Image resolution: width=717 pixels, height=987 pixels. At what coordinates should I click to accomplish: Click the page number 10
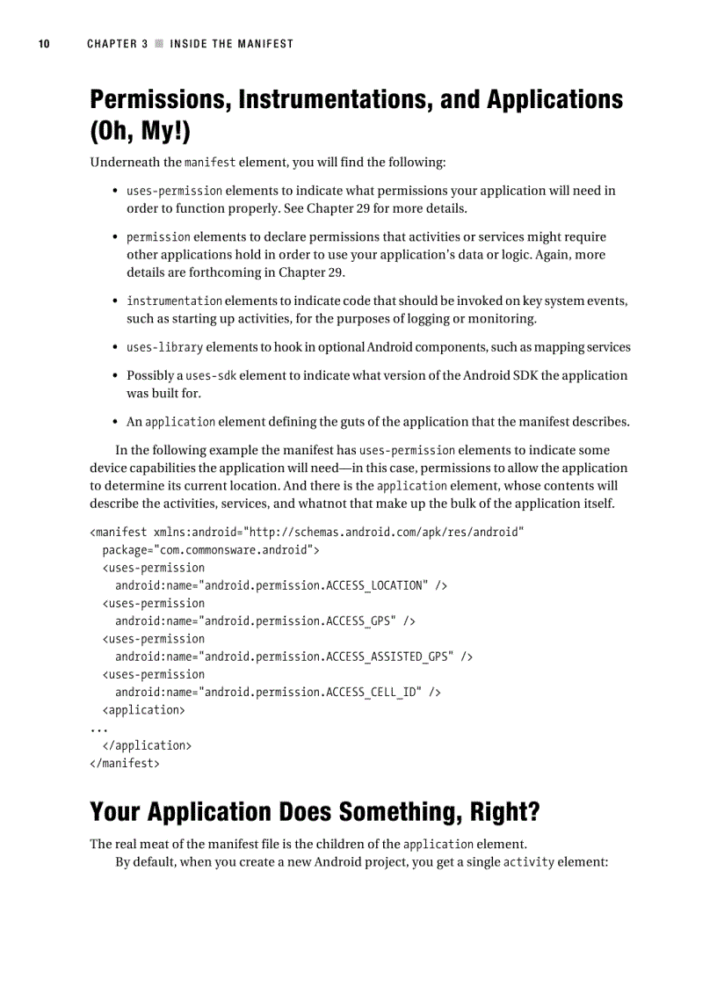click(43, 44)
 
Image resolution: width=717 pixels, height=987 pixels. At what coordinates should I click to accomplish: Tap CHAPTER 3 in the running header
click(117, 44)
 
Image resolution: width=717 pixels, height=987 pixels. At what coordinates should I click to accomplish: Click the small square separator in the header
click(159, 44)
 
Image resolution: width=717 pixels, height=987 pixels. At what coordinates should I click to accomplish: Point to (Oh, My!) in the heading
click(140, 132)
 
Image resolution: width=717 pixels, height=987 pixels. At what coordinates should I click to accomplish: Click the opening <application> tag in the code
click(143, 710)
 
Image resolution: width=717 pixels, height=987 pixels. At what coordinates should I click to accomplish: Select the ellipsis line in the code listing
click(98, 729)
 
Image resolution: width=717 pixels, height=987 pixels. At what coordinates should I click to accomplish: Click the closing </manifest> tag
click(125, 764)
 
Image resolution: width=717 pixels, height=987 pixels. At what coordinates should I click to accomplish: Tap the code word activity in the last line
click(528, 862)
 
